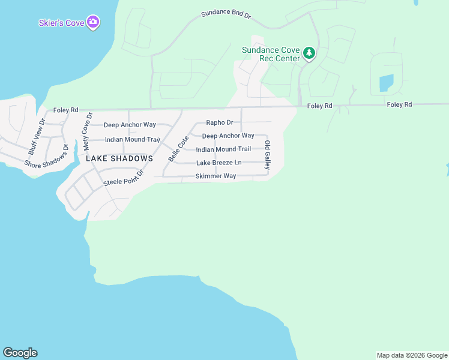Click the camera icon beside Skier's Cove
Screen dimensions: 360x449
(93, 23)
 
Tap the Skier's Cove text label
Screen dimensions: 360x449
(62, 23)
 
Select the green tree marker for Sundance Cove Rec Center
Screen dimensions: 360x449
(309, 53)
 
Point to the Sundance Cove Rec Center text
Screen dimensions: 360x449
(271, 54)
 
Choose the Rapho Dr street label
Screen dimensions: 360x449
(219, 122)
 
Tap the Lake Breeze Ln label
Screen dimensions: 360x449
(218, 163)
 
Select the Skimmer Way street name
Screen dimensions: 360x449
(215, 176)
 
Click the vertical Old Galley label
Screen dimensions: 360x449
(268, 154)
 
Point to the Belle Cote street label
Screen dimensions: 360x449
(175, 148)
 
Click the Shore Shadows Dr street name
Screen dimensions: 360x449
(47, 155)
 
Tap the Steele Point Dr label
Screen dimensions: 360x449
(124, 178)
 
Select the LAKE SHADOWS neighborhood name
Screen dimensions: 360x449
(119, 158)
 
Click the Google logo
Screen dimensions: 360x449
(20, 353)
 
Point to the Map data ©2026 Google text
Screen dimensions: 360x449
(411, 355)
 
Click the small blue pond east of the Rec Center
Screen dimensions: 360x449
(386, 83)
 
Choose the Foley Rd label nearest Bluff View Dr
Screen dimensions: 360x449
(65, 110)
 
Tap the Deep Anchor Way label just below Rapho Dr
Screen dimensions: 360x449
(228, 136)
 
